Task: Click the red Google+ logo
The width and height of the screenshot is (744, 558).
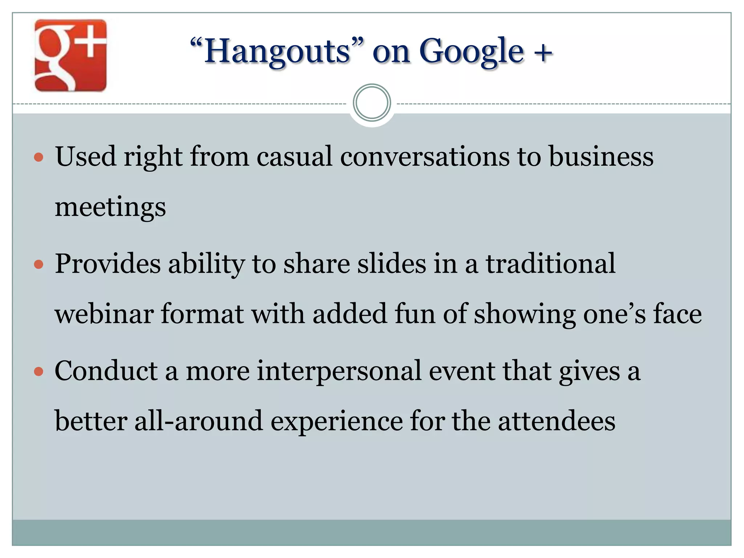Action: (70, 55)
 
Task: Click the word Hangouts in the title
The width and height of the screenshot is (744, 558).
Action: (277, 52)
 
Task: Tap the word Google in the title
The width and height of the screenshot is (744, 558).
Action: (471, 52)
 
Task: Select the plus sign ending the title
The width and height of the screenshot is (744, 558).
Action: (543, 53)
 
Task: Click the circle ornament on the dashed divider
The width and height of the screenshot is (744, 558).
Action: (372, 103)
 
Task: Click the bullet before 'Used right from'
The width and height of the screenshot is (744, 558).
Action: (39, 158)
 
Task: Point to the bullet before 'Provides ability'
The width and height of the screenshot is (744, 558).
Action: (39, 264)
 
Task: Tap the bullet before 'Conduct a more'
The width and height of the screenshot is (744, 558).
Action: (39, 372)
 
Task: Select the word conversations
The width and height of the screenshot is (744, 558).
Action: (425, 156)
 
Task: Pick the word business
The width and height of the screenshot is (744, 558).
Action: (601, 156)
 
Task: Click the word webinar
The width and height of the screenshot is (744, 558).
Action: (104, 314)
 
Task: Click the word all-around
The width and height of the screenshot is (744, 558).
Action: (198, 421)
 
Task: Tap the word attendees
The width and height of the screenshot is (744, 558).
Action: (556, 421)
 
